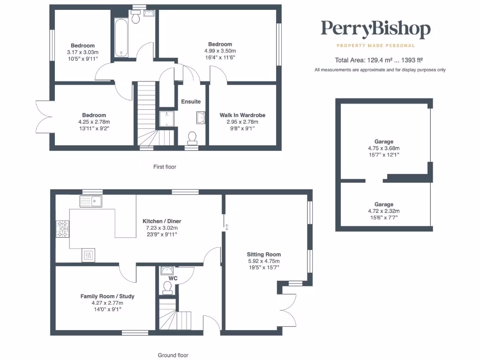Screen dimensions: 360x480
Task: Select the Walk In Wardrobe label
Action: click(x=239, y=115)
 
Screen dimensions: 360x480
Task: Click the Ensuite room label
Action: click(x=191, y=101)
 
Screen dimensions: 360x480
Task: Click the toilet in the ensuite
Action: click(x=192, y=137)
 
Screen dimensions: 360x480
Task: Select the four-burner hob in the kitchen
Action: click(x=63, y=229)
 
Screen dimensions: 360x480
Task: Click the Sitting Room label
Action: click(x=264, y=255)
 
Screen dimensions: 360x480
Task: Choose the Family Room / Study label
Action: click(x=107, y=296)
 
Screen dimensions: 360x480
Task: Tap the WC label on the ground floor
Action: click(x=173, y=278)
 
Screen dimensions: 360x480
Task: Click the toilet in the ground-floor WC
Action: click(x=167, y=287)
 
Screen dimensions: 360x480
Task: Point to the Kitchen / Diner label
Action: click(x=162, y=221)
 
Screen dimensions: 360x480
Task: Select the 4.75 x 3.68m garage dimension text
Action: click(x=384, y=148)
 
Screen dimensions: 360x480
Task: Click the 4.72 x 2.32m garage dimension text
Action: click(x=384, y=211)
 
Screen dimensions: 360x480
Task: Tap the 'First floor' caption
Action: click(x=165, y=166)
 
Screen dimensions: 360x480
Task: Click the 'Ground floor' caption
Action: click(x=173, y=355)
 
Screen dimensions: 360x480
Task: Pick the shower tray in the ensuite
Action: click(x=167, y=119)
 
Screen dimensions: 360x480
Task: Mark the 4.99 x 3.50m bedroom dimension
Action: click(x=220, y=51)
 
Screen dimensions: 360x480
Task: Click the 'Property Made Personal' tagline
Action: click(x=375, y=45)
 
